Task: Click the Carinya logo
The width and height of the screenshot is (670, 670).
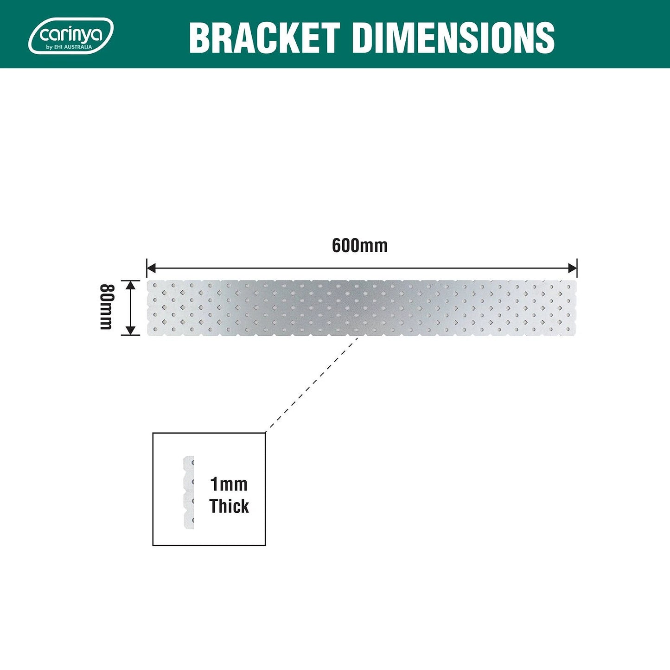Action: click(x=71, y=35)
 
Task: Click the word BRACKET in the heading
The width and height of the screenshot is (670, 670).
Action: click(x=264, y=38)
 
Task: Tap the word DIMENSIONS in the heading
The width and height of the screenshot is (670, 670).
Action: click(x=453, y=38)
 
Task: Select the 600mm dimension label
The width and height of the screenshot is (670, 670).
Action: click(x=359, y=246)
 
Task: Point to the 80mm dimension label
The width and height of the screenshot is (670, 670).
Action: click(x=106, y=307)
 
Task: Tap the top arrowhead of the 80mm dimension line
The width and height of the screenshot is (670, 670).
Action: click(x=131, y=285)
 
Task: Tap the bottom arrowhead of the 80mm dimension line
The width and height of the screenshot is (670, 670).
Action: click(x=131, y=330)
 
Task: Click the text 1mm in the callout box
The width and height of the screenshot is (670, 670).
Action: click(x=229, y=485)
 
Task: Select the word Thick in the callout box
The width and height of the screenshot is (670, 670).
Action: click(x=229, y=506)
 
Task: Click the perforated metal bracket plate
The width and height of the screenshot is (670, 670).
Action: click(x=362, y=307)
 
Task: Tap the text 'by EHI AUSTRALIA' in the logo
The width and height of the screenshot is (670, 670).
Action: click(x=69, y=47)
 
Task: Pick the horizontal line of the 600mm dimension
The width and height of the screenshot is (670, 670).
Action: click(x=362, y=268)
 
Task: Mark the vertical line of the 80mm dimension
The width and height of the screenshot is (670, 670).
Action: click(x=131, y=307)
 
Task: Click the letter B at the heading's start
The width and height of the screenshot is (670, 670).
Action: click(x=201, y=38)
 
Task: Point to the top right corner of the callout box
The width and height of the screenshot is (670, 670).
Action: click(x=265, y=433)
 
